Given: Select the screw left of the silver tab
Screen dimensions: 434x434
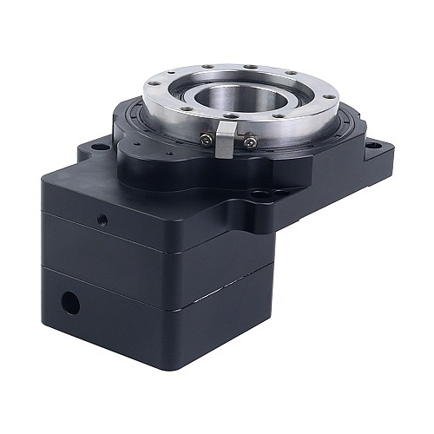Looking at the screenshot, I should [206, 139].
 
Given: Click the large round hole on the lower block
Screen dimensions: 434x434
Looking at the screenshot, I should [70, 303].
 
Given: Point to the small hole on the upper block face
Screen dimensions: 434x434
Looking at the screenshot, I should [102, 218].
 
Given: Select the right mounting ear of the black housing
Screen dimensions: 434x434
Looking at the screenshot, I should [369, 161].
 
